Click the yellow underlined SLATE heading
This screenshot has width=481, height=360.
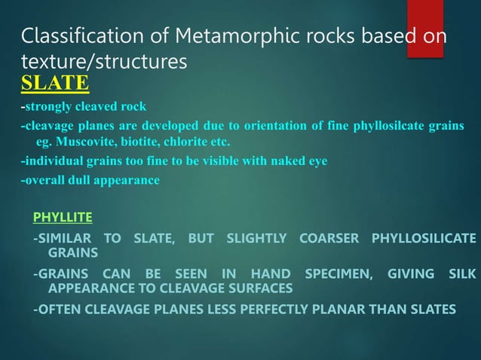pos(55,81)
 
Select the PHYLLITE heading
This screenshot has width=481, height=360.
pos(63,218)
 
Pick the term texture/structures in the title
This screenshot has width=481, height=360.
pos(103,65)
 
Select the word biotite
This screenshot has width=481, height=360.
pos(142,142)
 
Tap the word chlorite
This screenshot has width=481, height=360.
pos(189,142)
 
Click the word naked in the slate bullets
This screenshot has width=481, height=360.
pos(276,161)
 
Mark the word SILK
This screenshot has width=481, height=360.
pos(461,274)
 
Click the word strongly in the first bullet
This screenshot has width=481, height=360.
pos(48,105)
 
